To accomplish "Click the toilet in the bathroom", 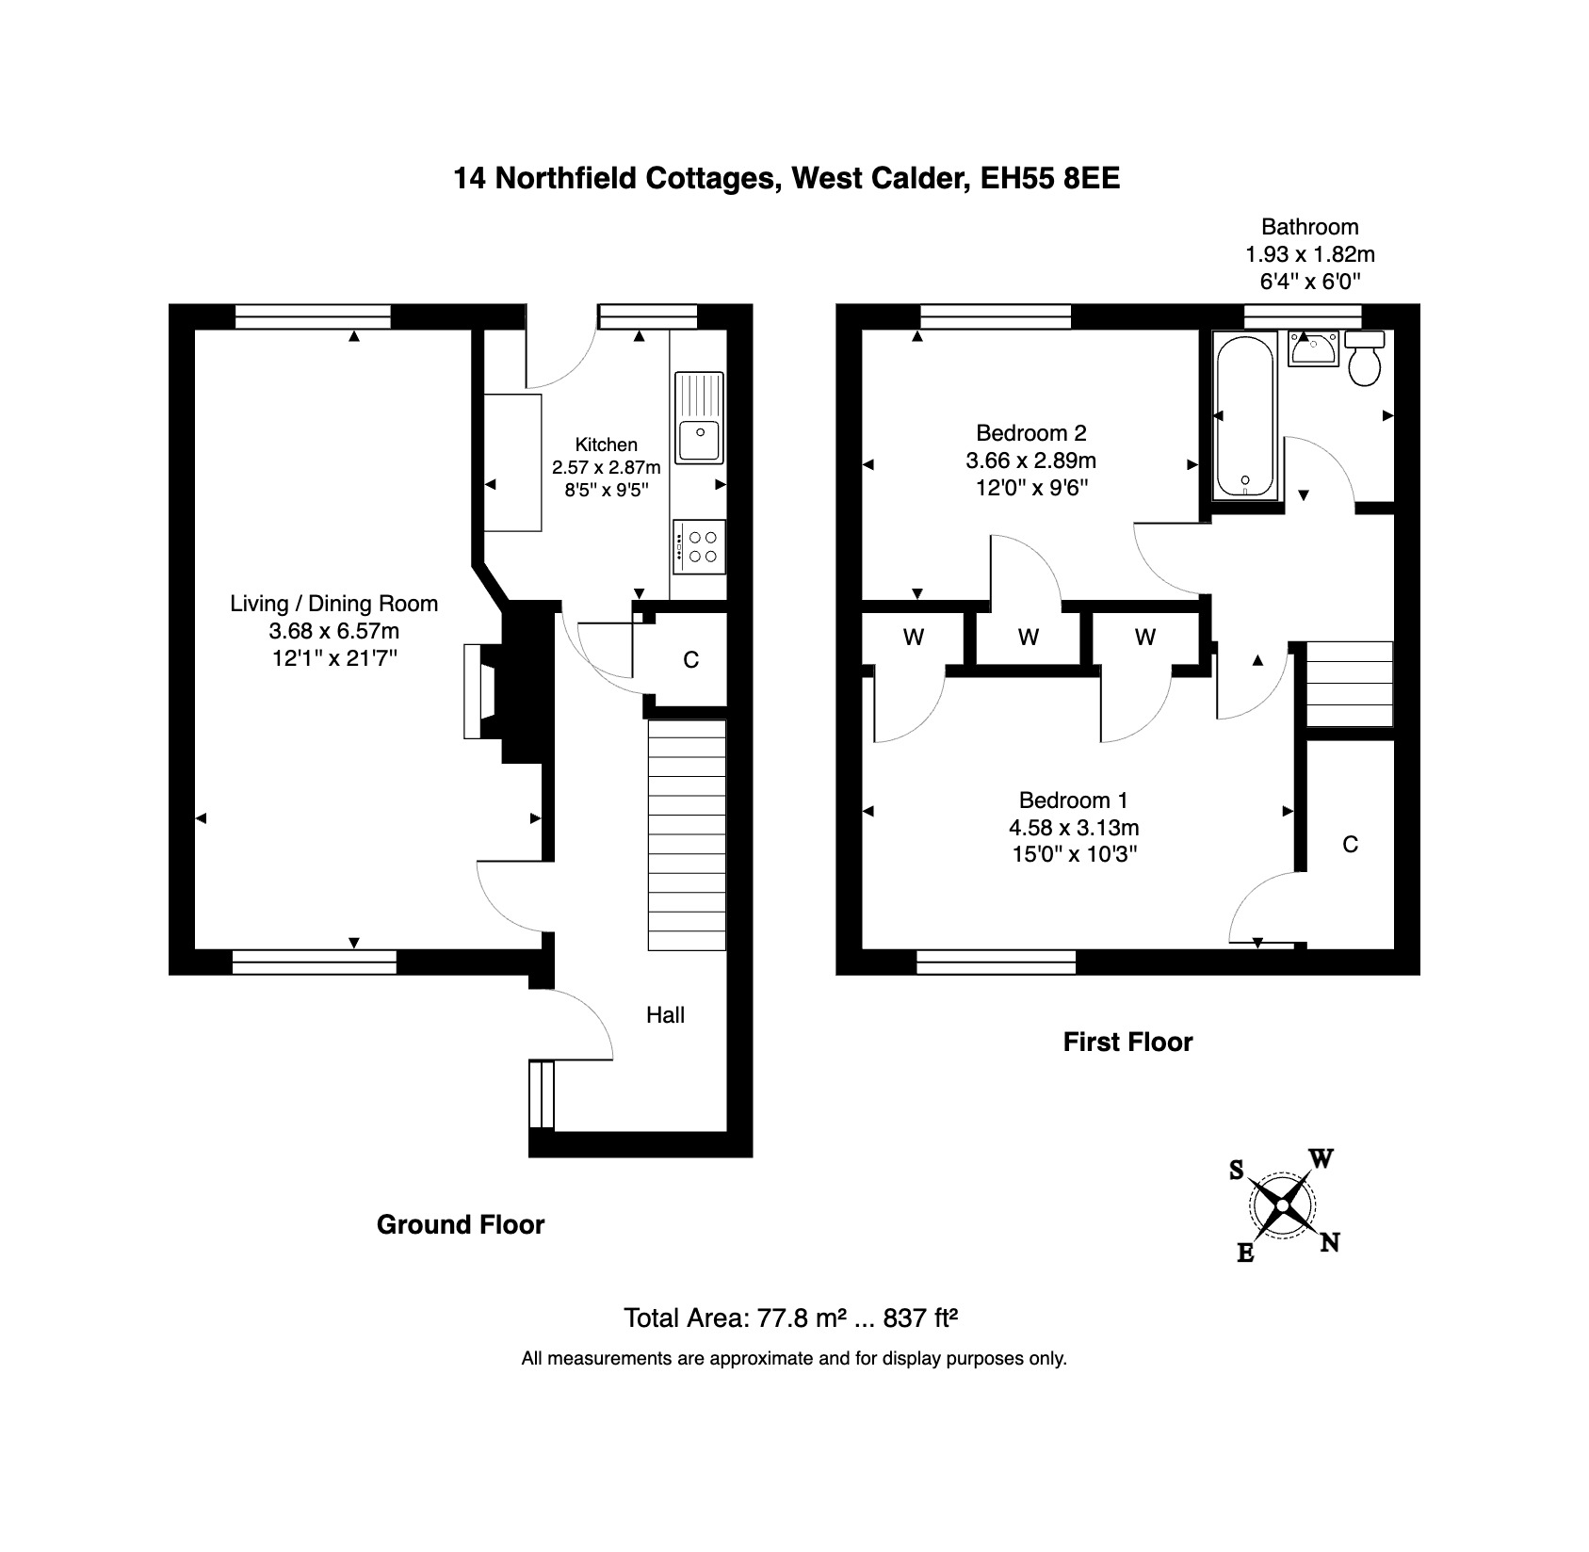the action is click(x=1365, y=358).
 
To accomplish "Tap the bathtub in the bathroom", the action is click(x=1244, y=416).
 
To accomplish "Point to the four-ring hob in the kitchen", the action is click(x=698, y=546).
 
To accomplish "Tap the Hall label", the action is click(x=665, y=1014).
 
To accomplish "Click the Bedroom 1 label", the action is click(x=1073, y=800).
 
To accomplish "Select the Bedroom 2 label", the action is click(x=1030, y=433).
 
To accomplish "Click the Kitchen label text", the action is click(x=607, y=445).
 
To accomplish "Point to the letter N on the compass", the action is click(x=1329, y=1242).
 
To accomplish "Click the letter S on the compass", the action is click(x=1237, y=1170).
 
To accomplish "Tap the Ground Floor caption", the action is click(x=461, y=1224).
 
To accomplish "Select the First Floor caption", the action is click(x=1127, y=1042).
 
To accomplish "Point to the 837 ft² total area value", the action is click(x=920, y=1318).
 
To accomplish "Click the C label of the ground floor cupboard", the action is click(x=691, y=660).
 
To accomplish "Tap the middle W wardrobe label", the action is click(x=1029, y=638).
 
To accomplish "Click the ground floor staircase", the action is click(x=687, y=835).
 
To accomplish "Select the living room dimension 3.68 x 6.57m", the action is click(x=334, y=631).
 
